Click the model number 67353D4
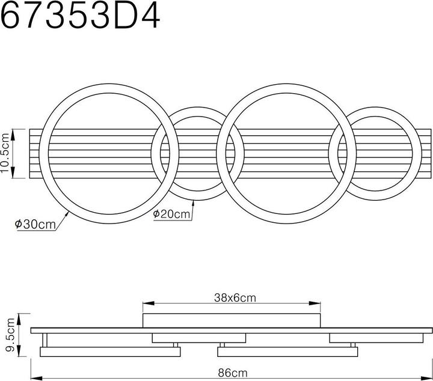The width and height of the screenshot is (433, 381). tap(81, 16)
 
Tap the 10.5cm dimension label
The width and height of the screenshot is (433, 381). tap(7, 153)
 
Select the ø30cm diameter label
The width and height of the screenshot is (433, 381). tap(35, 224)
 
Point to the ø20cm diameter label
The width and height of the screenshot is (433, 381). tap(172, 214)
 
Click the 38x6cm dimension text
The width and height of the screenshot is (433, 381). tap(231, 297)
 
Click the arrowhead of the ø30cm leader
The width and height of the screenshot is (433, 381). tap(67, 212)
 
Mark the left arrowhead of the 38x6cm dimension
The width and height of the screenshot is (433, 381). tap(146, 303)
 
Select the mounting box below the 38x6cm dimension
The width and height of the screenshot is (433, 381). tap(232, 321)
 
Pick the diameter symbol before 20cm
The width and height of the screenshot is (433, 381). tap(156, 214)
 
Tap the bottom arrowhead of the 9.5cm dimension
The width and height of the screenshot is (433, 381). tap(20, 355)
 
